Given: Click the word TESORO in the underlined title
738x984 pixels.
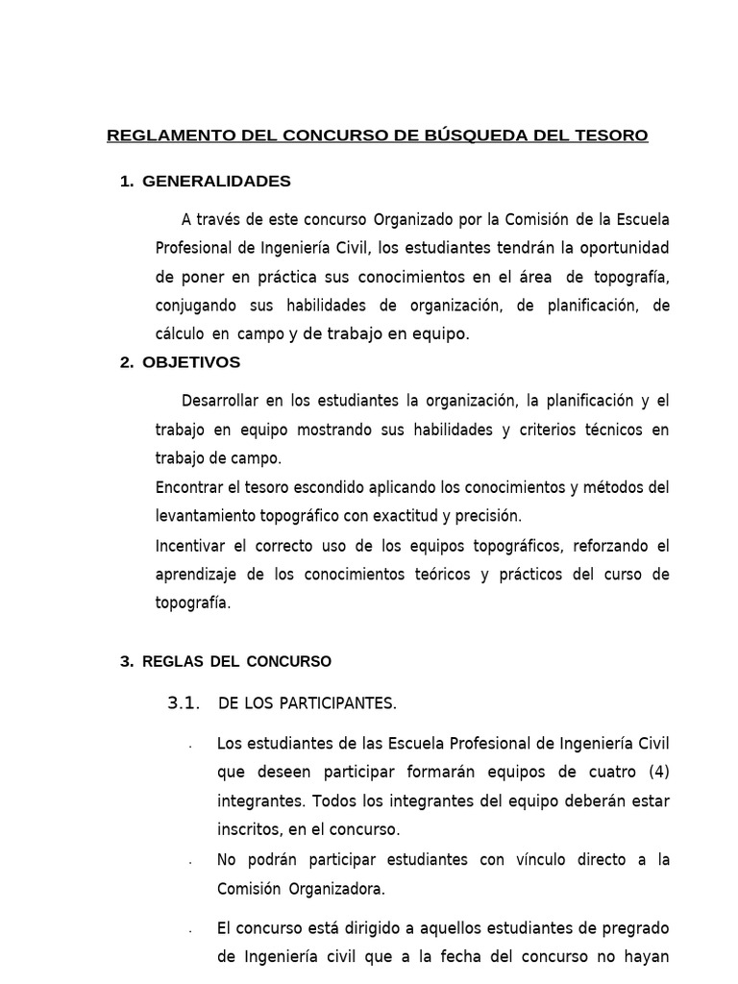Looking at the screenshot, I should (x=612, y=135).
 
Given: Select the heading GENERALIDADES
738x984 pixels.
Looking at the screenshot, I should (x=216, y=182).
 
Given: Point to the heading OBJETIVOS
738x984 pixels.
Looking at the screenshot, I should (x=191, y=362).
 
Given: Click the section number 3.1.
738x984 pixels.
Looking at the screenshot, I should (x=183, y=702).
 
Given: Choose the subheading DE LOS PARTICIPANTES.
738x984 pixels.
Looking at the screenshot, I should (x=307, y=703).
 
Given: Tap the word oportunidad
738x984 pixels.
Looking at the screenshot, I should (x=626, y=248).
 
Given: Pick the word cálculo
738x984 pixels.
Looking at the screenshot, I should (x=180, y=334).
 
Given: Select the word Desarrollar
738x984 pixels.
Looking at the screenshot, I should (x=222, y=400).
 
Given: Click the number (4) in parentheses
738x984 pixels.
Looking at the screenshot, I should (x=657, y=771).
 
